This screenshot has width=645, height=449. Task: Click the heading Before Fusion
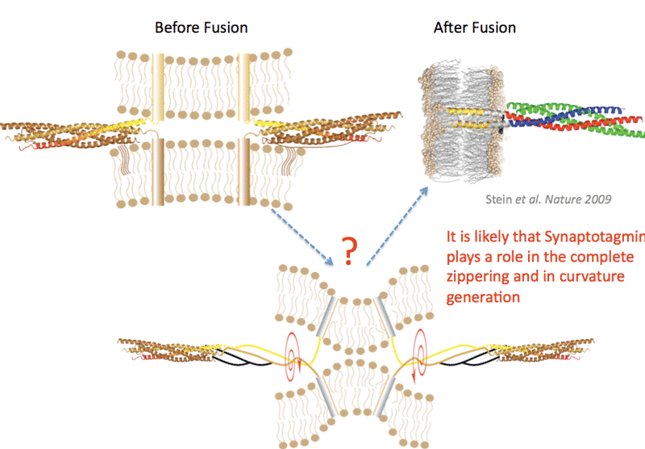(x=201, y=27)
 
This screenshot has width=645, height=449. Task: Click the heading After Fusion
(x=475, y=27)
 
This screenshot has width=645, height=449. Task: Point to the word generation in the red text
(x=482, y=296)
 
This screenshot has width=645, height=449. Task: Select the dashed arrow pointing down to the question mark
(x=302, y=234)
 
